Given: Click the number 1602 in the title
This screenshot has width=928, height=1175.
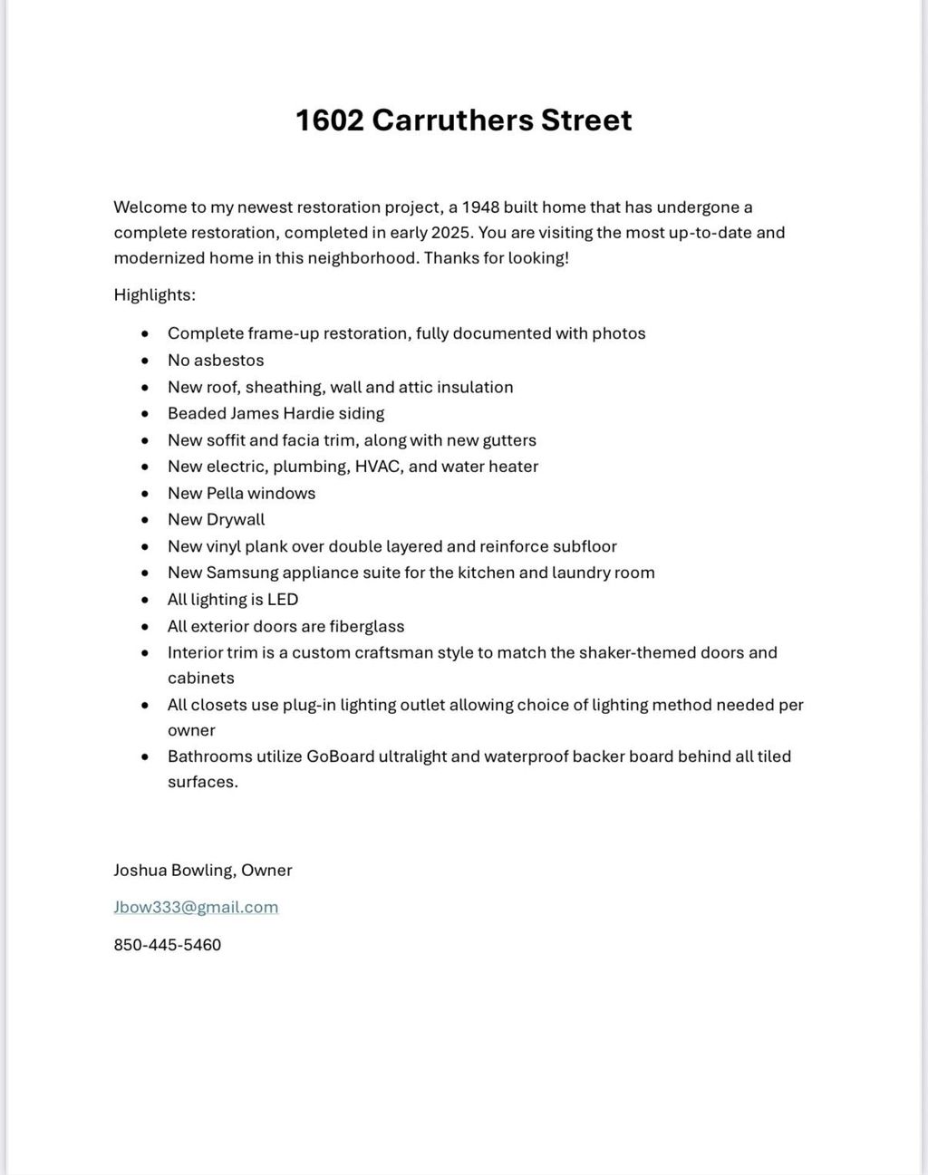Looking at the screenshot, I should (329, 120).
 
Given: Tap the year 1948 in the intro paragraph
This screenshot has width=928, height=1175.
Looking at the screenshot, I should (480, 207).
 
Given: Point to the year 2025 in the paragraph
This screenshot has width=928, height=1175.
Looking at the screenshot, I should (451, 232).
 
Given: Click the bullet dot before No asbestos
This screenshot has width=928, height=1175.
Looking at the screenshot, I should (145, 361).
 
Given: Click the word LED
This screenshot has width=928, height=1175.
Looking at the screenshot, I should (283, 599).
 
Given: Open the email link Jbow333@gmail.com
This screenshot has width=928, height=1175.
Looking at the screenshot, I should (196, 907).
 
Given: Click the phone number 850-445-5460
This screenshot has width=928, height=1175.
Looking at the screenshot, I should (168, 945).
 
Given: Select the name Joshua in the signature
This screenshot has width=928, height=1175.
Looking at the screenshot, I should (140, 870).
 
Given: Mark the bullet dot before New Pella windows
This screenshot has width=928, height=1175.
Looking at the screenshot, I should (145, 494).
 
